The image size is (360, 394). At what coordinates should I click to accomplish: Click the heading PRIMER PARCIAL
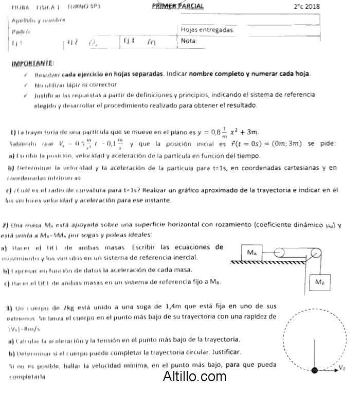pyautogui.click(x=177, y=6)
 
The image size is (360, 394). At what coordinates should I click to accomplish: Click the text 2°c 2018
pyautogui.click(x=307, y=7)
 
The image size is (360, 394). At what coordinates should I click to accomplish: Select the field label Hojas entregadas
pyautogui.click(x=208, y=30)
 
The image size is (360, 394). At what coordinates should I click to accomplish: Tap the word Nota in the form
pyautogui.click(x=189, y=41)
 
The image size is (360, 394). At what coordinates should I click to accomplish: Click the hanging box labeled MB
pyautogui.click(x=319, y=282)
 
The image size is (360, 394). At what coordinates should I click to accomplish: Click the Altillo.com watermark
pyautogui.click(x=191, y=378)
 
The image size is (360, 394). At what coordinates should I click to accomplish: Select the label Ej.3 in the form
pyautogui.click(x=129, y=40)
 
